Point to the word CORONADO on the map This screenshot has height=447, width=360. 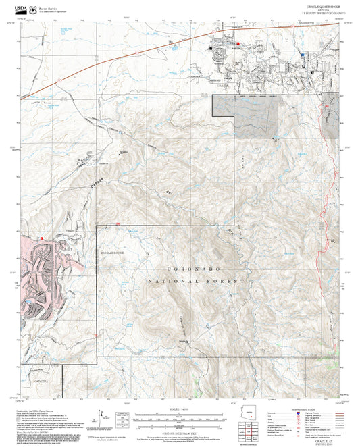coord(176,269)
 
